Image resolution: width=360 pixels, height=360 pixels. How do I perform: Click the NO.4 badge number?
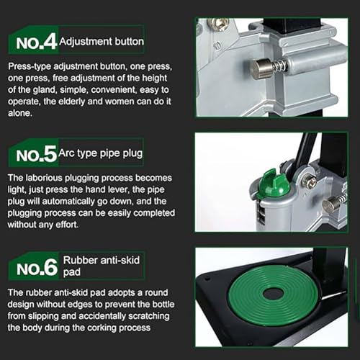coord(36,42)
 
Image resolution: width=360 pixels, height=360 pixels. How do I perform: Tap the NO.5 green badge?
coord(34,153)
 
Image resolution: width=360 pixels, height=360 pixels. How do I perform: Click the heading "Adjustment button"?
coord(102,42)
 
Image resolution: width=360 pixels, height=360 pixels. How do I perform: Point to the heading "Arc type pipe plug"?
coord(101,153)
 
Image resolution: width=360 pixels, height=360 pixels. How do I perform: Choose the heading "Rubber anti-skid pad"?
coord(102,266)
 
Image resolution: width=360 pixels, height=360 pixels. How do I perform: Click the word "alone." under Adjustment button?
coord(20,113)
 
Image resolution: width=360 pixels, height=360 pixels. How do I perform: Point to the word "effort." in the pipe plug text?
coord(67,225)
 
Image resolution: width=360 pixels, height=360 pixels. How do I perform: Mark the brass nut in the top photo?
coord(218,24)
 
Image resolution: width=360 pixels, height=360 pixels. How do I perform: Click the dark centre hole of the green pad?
coord(273,293)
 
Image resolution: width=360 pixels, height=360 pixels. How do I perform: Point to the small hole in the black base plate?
coord(207,279)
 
